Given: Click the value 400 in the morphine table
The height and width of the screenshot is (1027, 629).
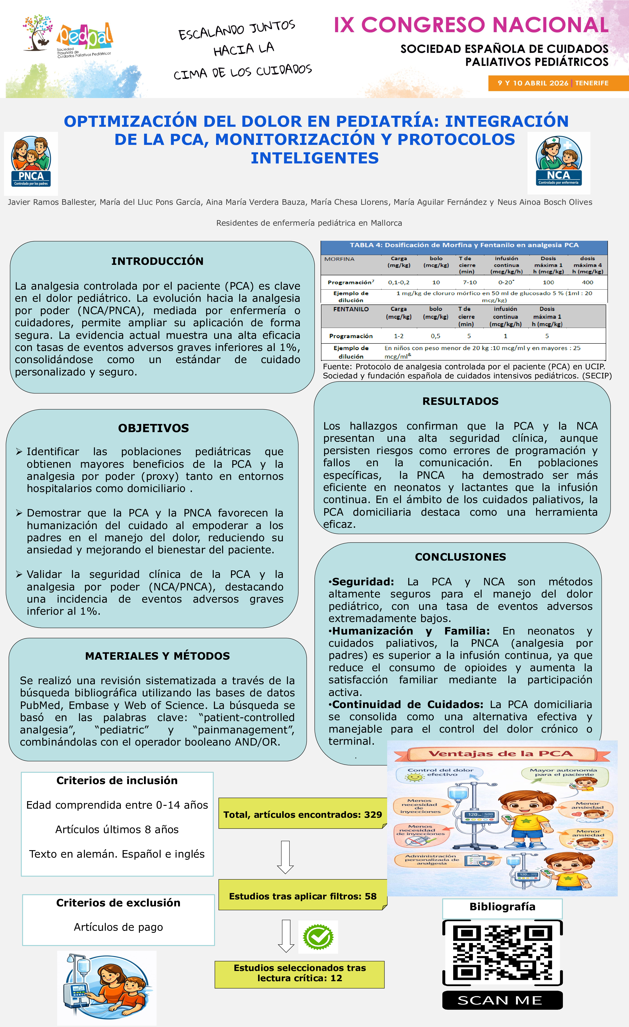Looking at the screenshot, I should pos(587,282).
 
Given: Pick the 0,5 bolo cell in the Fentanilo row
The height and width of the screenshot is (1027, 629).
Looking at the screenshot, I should pos(436,336).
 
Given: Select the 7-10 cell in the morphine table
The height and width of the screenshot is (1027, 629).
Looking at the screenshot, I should pos(470,282).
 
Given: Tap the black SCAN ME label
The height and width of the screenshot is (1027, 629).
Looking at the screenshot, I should pos(502,1000).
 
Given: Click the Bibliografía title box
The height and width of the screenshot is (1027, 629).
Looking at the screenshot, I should pos(502,907).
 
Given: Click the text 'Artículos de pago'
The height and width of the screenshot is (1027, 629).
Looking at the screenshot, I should pos(118,927).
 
